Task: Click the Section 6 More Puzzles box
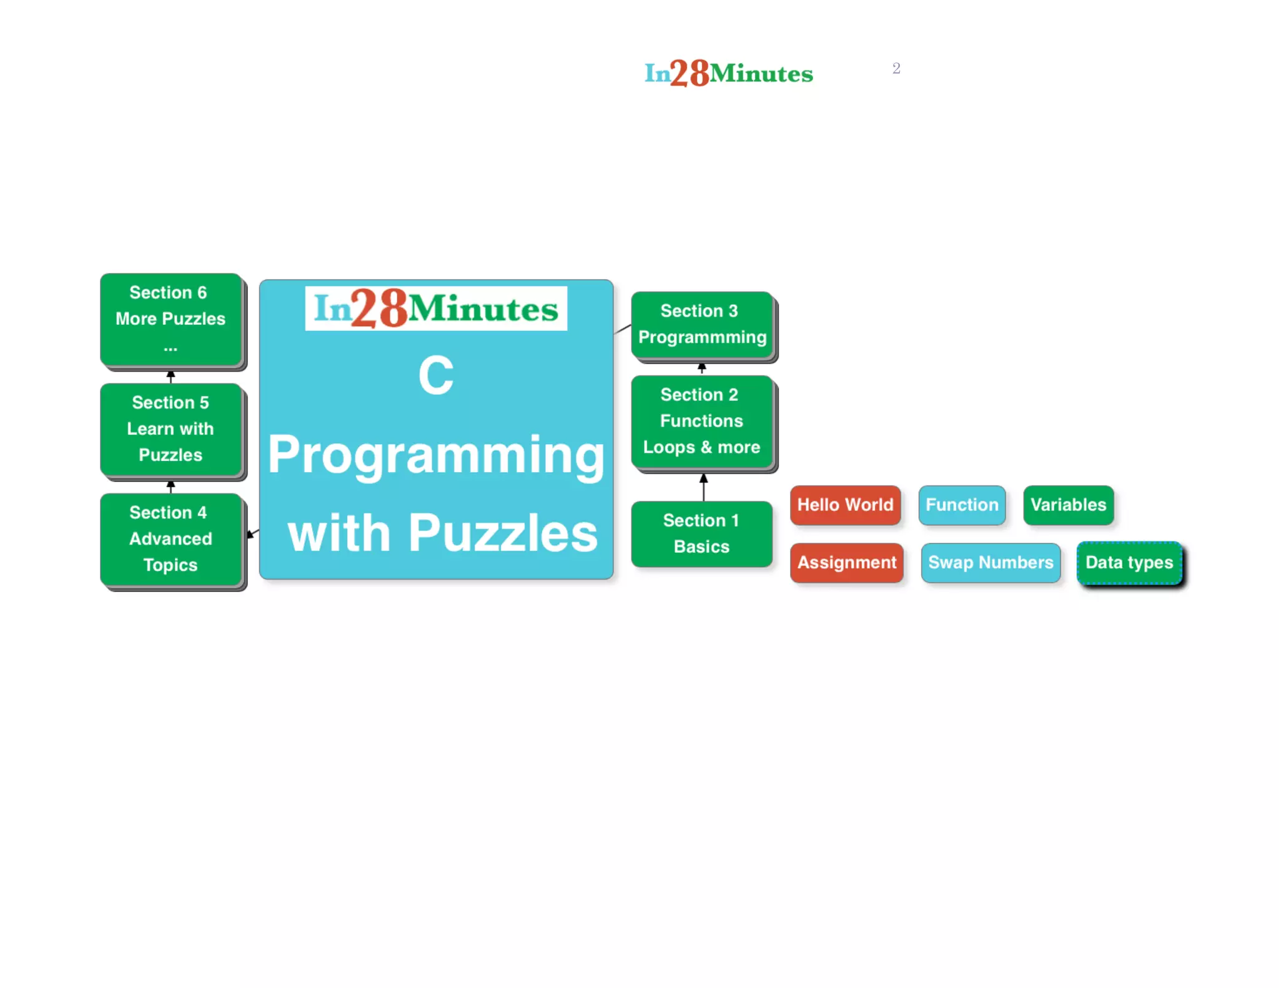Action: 170,319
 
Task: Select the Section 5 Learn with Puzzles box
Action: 170,429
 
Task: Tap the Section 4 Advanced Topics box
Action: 170,539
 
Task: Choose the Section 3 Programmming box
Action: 702,325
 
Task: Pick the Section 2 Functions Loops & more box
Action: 702,422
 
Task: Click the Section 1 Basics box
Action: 701,534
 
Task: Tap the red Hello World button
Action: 845,505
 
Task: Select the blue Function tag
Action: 962,505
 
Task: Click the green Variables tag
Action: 1068,505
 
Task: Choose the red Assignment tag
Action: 847,562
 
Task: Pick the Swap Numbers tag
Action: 990,562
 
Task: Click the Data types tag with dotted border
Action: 1129,562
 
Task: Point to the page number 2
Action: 896,68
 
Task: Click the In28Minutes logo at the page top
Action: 729,73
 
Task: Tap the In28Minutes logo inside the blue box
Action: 436,309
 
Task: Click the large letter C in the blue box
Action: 436,375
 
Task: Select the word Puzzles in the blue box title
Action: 503,533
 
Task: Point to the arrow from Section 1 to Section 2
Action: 704,487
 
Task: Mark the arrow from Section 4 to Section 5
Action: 170,486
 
